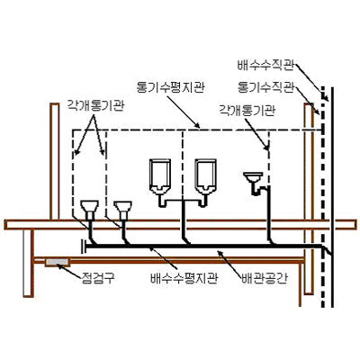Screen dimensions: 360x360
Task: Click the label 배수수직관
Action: click(x=265, y=66)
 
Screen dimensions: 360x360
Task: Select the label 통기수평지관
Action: click(x=170, y=87)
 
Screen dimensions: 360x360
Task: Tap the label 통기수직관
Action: click(x=265, y=87)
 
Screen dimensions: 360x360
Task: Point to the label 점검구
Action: click(x=98, y=278)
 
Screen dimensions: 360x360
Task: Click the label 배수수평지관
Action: click(x=184, y=278)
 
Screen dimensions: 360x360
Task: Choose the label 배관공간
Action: click(x=265, y=278)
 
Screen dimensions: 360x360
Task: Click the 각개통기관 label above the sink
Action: click(x=247, y=110)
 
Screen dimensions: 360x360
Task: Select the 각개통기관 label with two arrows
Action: click(x=94, y=106)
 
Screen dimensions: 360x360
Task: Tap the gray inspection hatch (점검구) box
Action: click(x=58, y=262)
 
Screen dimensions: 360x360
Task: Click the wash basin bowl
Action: click(x=253, y=177)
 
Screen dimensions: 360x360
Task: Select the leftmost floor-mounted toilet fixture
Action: click(x=90, y=210)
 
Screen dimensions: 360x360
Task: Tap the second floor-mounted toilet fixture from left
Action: click(x=122, y=210)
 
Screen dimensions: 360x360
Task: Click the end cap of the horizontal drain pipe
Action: click(x=83, y=246)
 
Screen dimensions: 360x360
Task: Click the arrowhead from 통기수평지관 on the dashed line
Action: click(x=196, y=126)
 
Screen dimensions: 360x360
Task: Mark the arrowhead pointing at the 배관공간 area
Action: click(x=220, y=254)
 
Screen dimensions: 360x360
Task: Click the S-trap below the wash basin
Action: click(x=258, y=189)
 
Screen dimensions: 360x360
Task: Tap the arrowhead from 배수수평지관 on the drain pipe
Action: click(x=152, y=248)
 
